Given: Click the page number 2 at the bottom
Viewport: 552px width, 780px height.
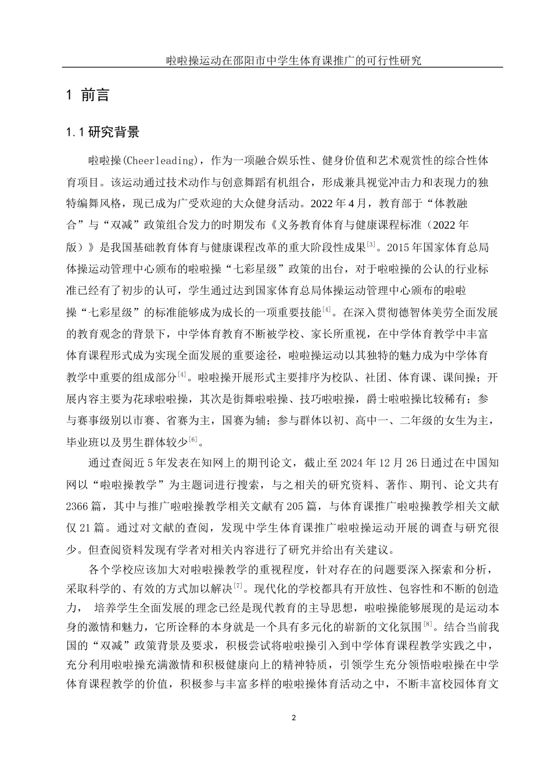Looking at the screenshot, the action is click(293, 718).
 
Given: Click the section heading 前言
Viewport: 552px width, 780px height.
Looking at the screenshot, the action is click(96, 95).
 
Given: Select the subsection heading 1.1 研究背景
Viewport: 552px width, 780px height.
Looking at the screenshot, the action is click(103, 132).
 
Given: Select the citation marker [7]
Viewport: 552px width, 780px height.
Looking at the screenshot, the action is click(238, 586).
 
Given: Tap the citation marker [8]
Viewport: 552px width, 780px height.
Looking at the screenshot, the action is click(428, 624).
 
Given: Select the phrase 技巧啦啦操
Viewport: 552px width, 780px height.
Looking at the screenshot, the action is click(327, 399).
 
